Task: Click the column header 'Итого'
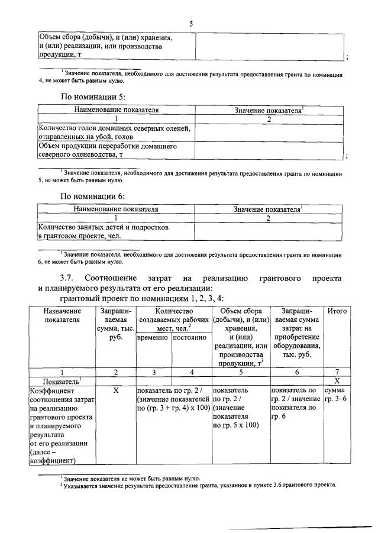tap(337, 311)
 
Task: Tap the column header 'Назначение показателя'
tap(62, 315)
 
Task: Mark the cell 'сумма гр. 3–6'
tap(337, 395)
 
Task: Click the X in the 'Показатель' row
tap(337, 382)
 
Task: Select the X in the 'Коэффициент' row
tap(116, 391)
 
